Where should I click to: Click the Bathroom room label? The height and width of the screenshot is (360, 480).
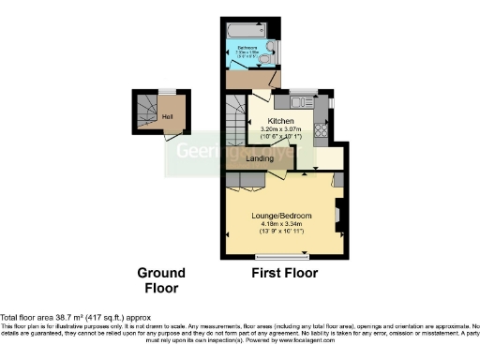pos(247,46)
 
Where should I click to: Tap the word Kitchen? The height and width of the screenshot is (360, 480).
pos(281,122)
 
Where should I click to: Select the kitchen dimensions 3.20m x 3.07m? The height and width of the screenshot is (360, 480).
pos(281,131)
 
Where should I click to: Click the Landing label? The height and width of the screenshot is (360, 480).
pos(260,158)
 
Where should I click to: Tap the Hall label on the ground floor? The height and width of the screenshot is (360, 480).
pos(167,116)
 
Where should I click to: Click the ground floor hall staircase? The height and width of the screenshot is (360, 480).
pos(145,114)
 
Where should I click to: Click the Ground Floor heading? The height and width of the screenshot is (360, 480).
pos(161,280)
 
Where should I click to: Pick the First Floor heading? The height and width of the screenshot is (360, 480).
pos(284,274)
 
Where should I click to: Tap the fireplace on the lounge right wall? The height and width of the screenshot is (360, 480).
pos(338,215)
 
